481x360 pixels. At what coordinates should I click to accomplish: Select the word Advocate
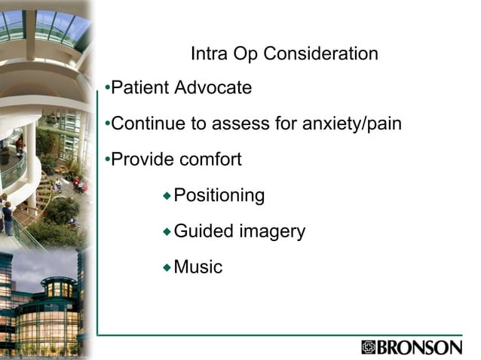point(213,88)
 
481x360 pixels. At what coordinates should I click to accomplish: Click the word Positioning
point(219,196)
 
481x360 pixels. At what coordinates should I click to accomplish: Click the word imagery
point(272,232)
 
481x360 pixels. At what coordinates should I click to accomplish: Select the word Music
point(198,267)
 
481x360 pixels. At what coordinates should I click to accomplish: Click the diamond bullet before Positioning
point(167,196)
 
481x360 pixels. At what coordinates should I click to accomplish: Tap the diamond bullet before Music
point(167,266)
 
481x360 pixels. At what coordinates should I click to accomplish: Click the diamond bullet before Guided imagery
point(167,230)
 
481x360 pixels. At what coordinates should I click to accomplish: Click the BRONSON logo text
point(420,348)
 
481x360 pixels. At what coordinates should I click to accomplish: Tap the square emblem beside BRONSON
point(369,348)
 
